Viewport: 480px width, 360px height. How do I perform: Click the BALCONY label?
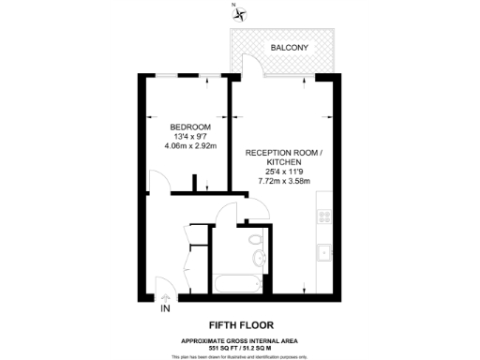click(x=290, y=47)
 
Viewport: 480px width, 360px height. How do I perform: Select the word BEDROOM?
click(x=189, y=127)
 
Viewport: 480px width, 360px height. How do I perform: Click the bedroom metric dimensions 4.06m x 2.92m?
click(x=189, y=146)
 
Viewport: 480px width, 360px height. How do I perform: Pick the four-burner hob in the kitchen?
click(x=325, y=217)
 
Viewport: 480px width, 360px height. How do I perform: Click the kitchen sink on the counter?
click(x=325, y=251)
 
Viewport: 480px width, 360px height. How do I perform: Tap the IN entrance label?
click(x=166, y=308)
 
